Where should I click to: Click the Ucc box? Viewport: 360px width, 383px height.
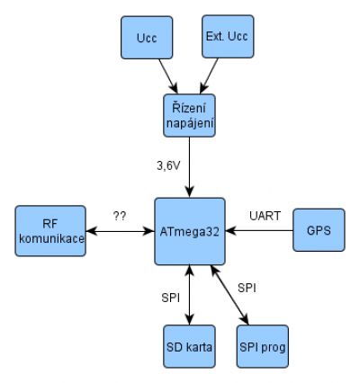coord(147,38)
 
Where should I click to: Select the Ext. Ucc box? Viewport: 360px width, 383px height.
coord(228,37)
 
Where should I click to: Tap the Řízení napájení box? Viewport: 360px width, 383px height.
coord(189,116)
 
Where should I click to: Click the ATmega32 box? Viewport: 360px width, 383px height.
coord(190,231)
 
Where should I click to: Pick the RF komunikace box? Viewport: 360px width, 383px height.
coord(50,231)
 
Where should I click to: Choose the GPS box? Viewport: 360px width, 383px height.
coord(319,230)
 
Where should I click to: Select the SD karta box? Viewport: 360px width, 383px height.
coord(189,346)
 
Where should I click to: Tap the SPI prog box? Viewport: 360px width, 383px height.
coord(263,346)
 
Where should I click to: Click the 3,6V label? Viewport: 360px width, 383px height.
coord(168,165)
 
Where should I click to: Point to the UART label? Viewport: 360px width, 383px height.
coord(265,216)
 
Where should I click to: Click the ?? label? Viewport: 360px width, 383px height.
coord(120,216)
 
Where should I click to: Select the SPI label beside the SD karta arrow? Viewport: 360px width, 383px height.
coord(170,298)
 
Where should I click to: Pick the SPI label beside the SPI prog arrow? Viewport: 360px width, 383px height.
coord(247,288)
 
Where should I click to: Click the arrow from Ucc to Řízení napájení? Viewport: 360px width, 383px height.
coord(168,76)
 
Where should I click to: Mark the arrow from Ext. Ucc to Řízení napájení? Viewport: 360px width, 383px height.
coord(209,76)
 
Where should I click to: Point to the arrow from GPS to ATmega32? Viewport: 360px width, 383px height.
coord(259,231)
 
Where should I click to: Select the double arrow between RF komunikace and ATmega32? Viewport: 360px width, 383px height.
coord(120,231)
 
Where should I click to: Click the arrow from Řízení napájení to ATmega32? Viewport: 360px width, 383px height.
coord(189,167)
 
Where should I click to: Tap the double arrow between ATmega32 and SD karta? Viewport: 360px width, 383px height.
coord(189,295)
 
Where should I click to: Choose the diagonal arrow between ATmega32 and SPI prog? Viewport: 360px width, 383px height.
coord(229,295)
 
